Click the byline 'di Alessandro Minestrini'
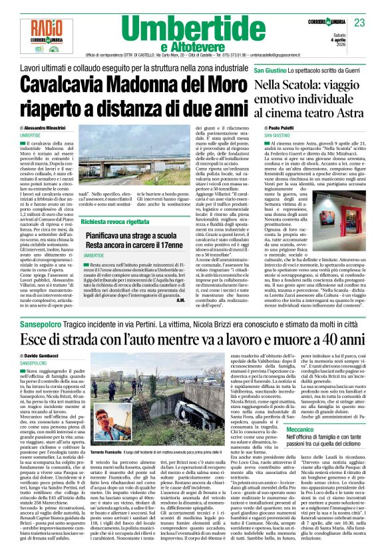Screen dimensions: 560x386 (47, 127)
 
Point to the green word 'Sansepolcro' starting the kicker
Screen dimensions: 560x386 (41, 341)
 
